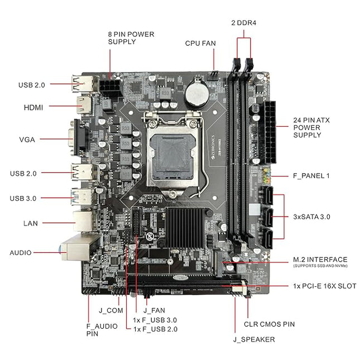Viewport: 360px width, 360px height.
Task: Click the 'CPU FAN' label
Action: [200, 43]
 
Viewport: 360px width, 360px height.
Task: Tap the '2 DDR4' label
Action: [243, 23]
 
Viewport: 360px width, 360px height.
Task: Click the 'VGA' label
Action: [26, 140]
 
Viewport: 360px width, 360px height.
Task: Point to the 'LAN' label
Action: [30, 223]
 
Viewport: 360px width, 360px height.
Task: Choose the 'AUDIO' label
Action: [21, 252]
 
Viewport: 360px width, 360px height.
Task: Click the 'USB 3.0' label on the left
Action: [23, 198]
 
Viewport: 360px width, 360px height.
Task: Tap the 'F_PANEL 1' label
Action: [311, 176]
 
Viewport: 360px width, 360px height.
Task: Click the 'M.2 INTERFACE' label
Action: [320, 260]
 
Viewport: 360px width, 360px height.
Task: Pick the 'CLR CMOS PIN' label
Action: [269, 324]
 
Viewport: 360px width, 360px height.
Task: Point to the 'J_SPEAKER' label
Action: [254, 339]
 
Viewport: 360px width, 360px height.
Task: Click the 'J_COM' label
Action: [110, 310]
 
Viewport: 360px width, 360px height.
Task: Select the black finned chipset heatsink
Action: [185, 230]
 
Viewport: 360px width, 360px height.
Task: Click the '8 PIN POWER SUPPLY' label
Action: [131, 38]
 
